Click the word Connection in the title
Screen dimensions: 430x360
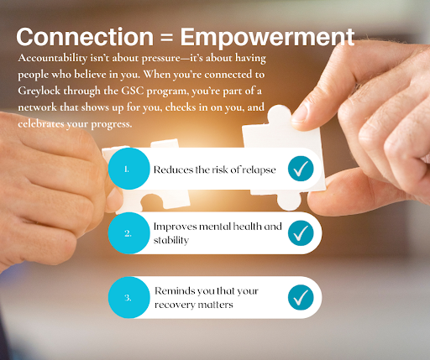point(85,37)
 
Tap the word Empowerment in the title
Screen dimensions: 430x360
point(267,39)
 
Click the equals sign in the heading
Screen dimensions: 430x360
point(167,38)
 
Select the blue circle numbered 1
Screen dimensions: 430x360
point(129,169)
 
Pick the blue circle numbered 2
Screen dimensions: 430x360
point(129,233)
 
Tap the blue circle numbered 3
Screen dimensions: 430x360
point(129,297)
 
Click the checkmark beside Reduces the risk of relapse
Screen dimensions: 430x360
point(301,169)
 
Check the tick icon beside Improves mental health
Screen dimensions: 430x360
point(301,233)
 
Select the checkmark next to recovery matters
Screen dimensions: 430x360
point(301,297)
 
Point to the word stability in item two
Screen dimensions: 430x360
point(171,240)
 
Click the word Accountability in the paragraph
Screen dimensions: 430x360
point(53,59)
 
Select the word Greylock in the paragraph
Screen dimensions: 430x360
point(39,91)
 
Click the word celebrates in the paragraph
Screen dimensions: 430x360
point(41,123)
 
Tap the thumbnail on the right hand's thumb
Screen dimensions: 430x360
point(299,114)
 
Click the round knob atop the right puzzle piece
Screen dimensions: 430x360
point(280,115)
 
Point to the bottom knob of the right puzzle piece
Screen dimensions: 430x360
point(289,201)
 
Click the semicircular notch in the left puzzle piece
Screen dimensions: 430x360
point(152,201)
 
